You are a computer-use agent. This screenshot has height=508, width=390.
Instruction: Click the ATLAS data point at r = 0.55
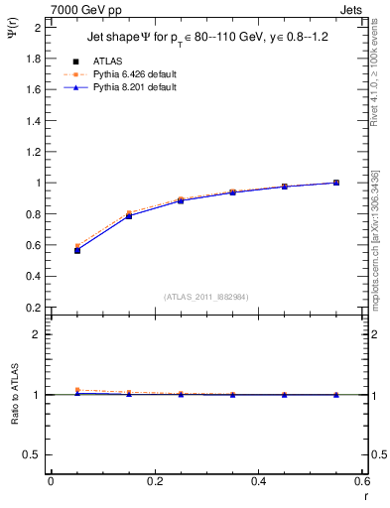click(336, 183)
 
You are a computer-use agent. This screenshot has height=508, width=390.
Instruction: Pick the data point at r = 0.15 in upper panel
click(129, 215)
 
